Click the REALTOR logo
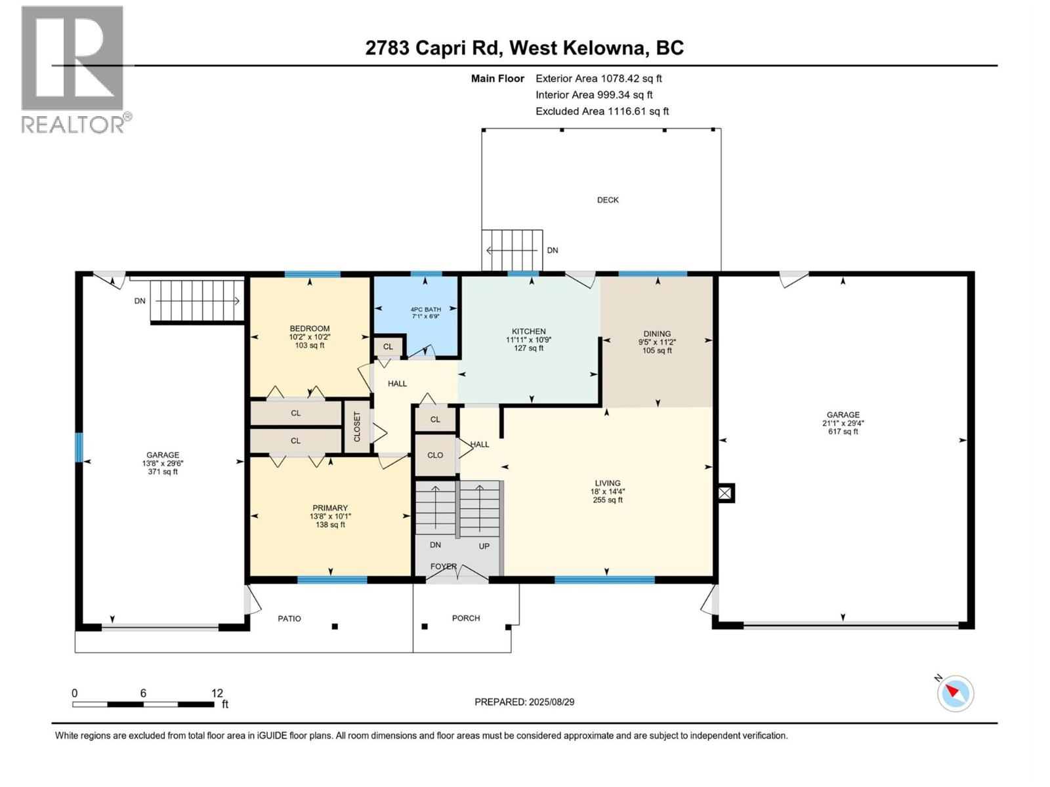77,70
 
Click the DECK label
608,200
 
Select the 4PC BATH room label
426,310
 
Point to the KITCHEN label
528,331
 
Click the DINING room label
657,334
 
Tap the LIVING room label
608,483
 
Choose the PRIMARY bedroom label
330,508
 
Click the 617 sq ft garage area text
843,432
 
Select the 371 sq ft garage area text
163,472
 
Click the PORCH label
466,618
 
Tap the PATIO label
289,618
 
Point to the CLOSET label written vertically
357,427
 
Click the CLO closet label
435,455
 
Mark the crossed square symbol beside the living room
724,493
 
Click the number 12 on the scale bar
217,693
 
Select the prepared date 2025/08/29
551,702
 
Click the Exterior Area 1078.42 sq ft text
598,78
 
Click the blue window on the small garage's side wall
79,447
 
